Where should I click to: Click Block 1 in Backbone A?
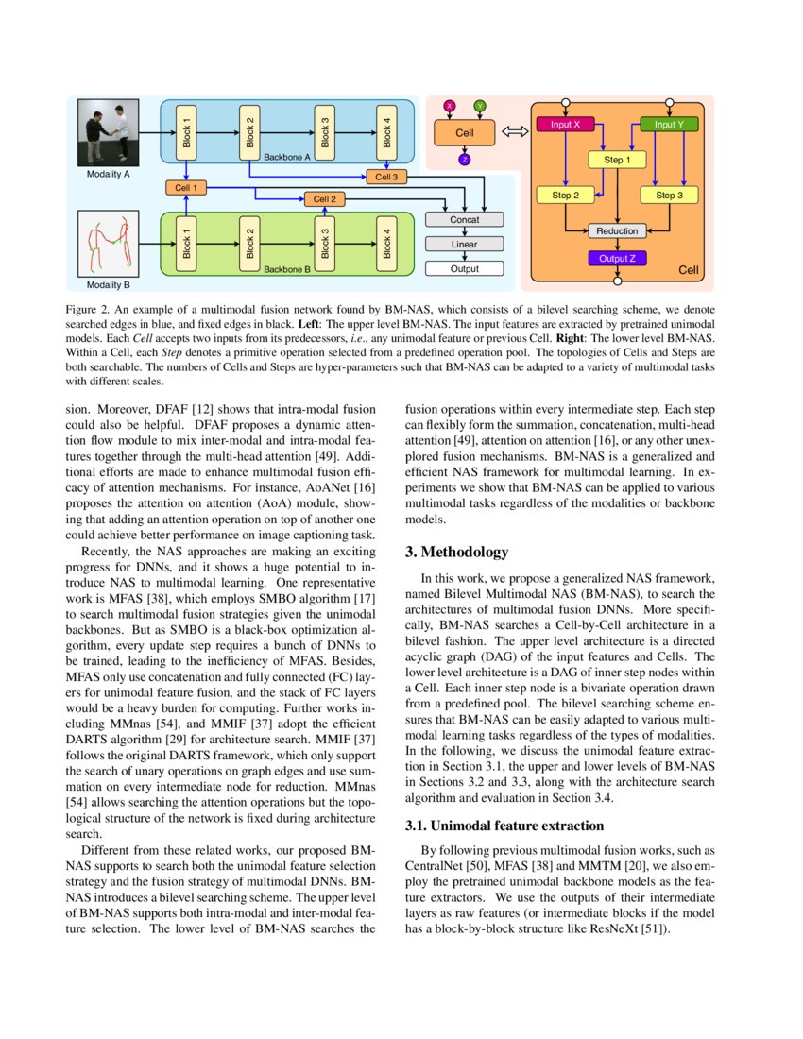[186, 133]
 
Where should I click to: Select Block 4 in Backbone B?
[386, 243]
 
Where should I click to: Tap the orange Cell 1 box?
[186, 188]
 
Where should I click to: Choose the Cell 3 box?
[386, 177]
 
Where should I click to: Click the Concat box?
[464, 219]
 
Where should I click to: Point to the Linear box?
[464, 244]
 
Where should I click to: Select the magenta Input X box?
[565, 124]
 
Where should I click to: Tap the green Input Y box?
[669, 124]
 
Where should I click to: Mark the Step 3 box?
[669, 196]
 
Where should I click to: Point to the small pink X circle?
[450, 105]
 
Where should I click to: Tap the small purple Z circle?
[464, 160]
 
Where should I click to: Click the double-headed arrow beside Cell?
[513, 132]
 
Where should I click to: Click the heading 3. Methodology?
[456, 552]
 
